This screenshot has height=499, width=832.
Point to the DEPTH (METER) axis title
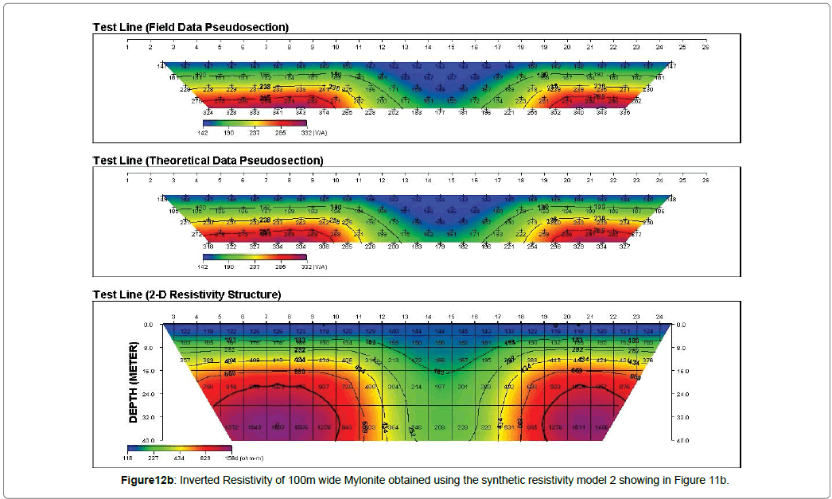[134, 377]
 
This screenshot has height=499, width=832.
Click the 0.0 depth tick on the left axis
[147, 325]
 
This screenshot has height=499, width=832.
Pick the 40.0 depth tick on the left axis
[147, 440]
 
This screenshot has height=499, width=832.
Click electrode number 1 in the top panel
[127, 47]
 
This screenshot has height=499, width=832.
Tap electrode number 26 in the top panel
[705, 47]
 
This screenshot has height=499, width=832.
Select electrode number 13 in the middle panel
[405, 180]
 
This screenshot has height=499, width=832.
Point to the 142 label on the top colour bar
[203, 133]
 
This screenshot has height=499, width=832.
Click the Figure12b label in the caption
[142, 481]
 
